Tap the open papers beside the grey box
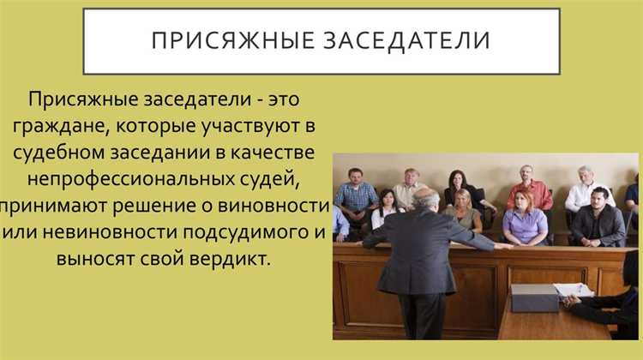click(x=573, y=291)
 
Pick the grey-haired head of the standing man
click(x=426, y=201)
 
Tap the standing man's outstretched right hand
click(x=506, y=247)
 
